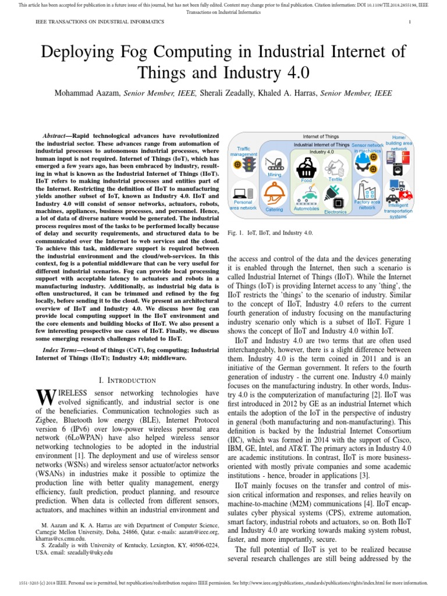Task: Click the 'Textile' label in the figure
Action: (335, 179)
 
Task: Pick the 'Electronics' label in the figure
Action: (335, 212)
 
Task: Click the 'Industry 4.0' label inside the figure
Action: (321, 151)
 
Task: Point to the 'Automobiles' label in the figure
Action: (306, 208)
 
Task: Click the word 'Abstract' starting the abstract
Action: (61, 135)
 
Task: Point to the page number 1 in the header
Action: (410, 22)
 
